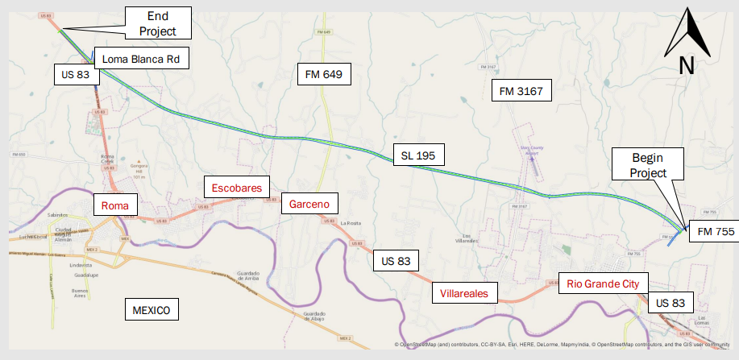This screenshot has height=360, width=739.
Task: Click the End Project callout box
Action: click(159, 23)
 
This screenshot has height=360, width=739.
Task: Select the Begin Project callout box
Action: click(648, 164)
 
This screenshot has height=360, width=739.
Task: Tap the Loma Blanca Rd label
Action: click(141, 59)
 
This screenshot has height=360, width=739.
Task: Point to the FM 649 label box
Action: click(324, 75)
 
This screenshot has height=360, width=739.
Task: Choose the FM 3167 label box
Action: click(521, 91)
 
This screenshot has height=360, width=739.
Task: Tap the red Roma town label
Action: click(114, 205)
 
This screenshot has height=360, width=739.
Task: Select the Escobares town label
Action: click(236, 188)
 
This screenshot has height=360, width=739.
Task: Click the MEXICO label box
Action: click(152, 310)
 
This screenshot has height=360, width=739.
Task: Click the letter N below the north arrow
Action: click(687, 67)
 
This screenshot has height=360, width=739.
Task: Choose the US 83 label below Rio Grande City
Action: click(670, 303)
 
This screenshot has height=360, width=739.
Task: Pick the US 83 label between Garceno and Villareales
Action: click(396, 261)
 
